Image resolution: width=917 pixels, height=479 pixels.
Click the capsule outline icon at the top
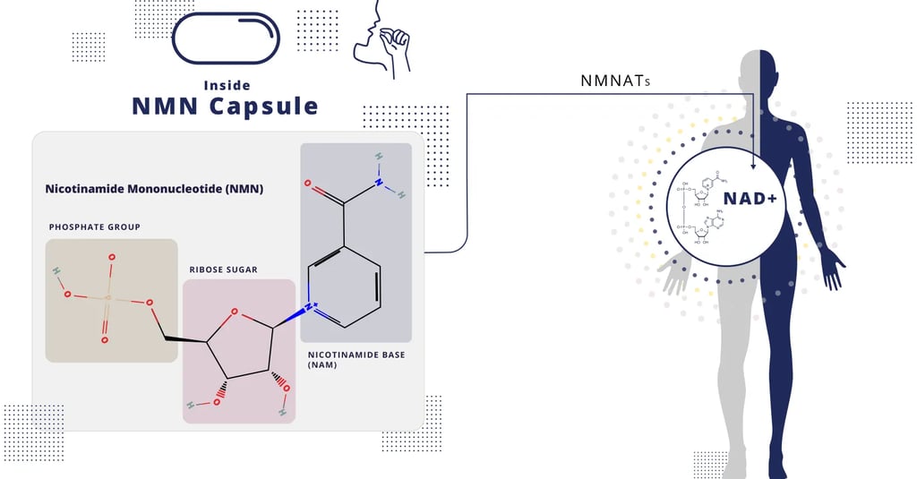click(x=225, y=38)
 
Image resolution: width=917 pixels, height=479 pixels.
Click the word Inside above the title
click(x=225, y=86)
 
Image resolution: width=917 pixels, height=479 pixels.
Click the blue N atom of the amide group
click(x=379, y=183)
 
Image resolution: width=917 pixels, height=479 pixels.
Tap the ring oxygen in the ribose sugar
click(x=234, y=312)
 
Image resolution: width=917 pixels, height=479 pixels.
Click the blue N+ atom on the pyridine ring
click(x=309, y=306)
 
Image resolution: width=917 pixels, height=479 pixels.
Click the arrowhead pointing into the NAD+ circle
click(x=753, y=166)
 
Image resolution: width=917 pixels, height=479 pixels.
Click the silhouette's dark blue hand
click(x=834, y=272)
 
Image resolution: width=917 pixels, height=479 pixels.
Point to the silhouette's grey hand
click(x=673, y=278)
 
